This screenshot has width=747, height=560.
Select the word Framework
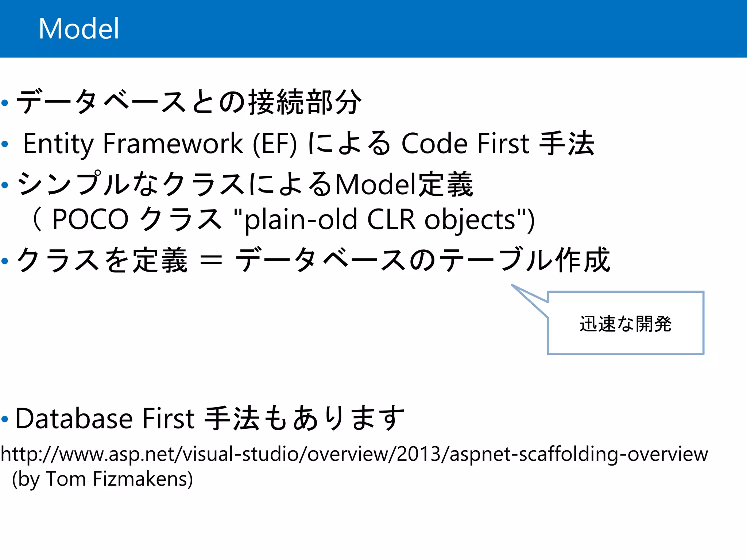[173, 144]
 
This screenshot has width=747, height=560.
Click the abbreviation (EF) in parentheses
[275, 144]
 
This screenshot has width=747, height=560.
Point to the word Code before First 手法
[434, 144]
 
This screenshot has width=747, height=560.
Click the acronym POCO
[90, 219]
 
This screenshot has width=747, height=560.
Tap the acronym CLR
[391, 219]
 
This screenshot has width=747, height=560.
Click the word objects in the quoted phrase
[470, 219]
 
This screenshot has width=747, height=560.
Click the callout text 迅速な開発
[625, 324]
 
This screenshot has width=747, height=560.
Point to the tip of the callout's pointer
[512, 285]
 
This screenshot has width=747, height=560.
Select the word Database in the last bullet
[74, 418]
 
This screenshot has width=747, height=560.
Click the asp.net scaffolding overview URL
[354, 454]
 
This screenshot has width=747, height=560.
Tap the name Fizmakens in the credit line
[143, 479]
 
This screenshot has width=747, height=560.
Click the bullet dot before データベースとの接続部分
[5, 103]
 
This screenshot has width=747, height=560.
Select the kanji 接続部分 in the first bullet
[305, 102]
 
